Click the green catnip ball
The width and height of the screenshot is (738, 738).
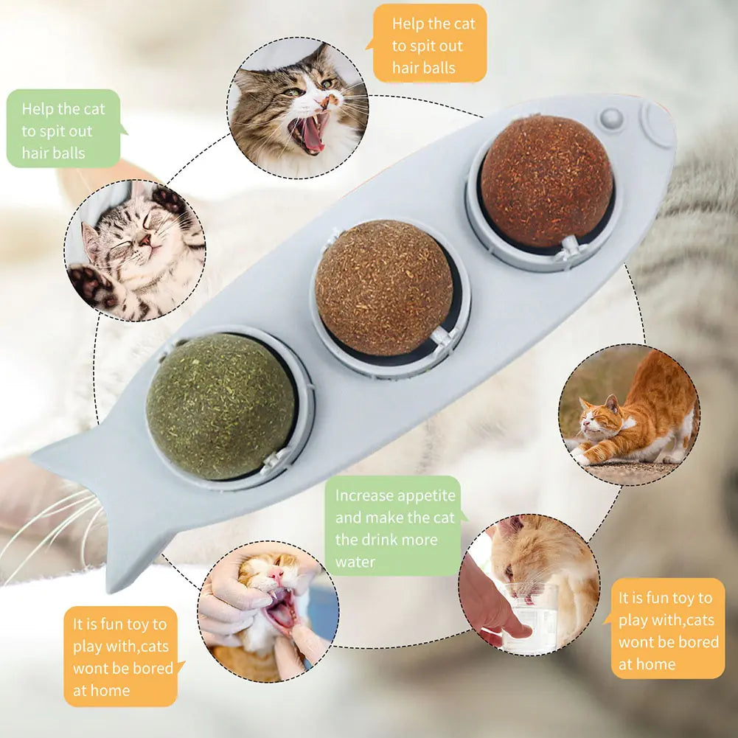tap(220, 406)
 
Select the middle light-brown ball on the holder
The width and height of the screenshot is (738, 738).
tap(383, 288)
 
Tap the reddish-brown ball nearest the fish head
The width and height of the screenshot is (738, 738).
tap(547, 181)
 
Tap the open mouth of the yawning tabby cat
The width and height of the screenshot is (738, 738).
tap(309, 133)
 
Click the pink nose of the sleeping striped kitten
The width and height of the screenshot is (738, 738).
tap(145, 241)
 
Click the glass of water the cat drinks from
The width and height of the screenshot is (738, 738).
tap(529, 617)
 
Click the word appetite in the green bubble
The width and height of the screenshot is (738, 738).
tap(426, 495)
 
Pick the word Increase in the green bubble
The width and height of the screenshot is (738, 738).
tap(363, 495)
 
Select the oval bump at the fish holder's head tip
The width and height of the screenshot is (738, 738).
tap(658, 123)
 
